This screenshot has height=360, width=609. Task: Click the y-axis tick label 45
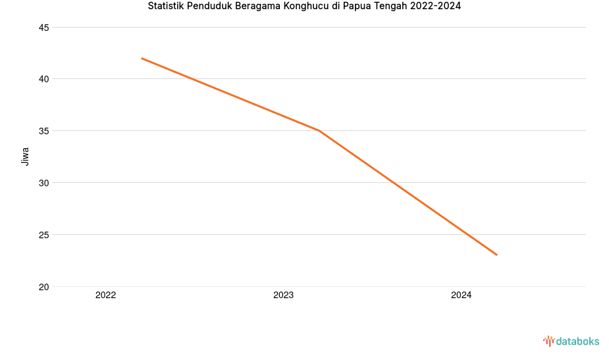(x=45, y=28)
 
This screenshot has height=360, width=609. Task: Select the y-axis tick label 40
(x=45, y=79)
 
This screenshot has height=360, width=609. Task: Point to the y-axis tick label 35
(x=45, y=131)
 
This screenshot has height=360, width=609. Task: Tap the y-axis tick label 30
(x=45, y=183)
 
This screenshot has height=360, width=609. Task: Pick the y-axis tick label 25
(x=45, y=235)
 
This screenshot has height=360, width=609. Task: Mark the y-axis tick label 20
(x=45, y=287)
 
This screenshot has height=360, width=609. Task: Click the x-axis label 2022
(x=105, y=296)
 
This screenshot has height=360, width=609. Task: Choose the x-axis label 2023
(x=283, y=296)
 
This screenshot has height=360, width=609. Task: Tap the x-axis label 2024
(x=461, y=296)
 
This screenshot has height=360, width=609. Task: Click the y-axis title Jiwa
(x=26, y=156)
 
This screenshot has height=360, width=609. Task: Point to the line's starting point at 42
(x=142, y=59)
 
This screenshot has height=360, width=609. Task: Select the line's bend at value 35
(x=319, y=131)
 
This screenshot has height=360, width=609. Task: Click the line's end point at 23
(x=496, y=255)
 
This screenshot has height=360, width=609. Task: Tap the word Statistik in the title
(x=166, y=7)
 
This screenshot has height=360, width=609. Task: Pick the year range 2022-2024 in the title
(x=435, y=7)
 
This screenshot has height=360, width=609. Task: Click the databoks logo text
(x=577, y=341)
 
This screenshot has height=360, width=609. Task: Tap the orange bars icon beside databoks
(x=548, y=341)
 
